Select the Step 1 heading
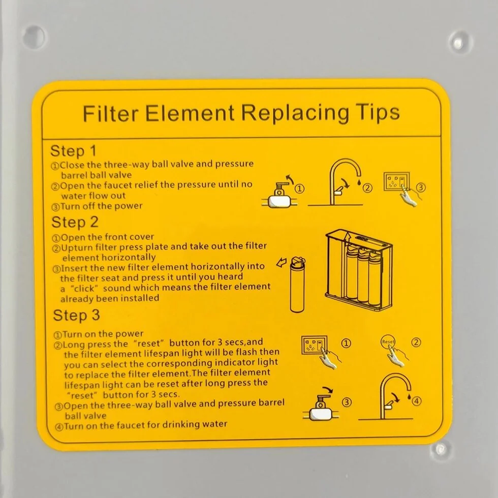click(x=73, y=151)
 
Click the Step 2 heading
click(x=75, y=223)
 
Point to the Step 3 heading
click(x=77, y=316)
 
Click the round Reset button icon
click(x=388, y=341)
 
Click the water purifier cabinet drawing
click(x=359, y=269)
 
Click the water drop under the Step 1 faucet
click(x=359, y=182)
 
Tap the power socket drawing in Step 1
click(x=396, y=182)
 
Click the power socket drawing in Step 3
click(x=314, y=345)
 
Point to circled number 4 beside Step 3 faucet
click(x=416, y=401)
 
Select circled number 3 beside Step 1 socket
click(x=421, y=188)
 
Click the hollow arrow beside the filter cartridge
click(x=282, y=263)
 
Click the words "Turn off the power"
click(x=101, y=206)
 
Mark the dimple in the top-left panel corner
click(x=34, y=37)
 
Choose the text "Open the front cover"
click(x=107, y=237)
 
